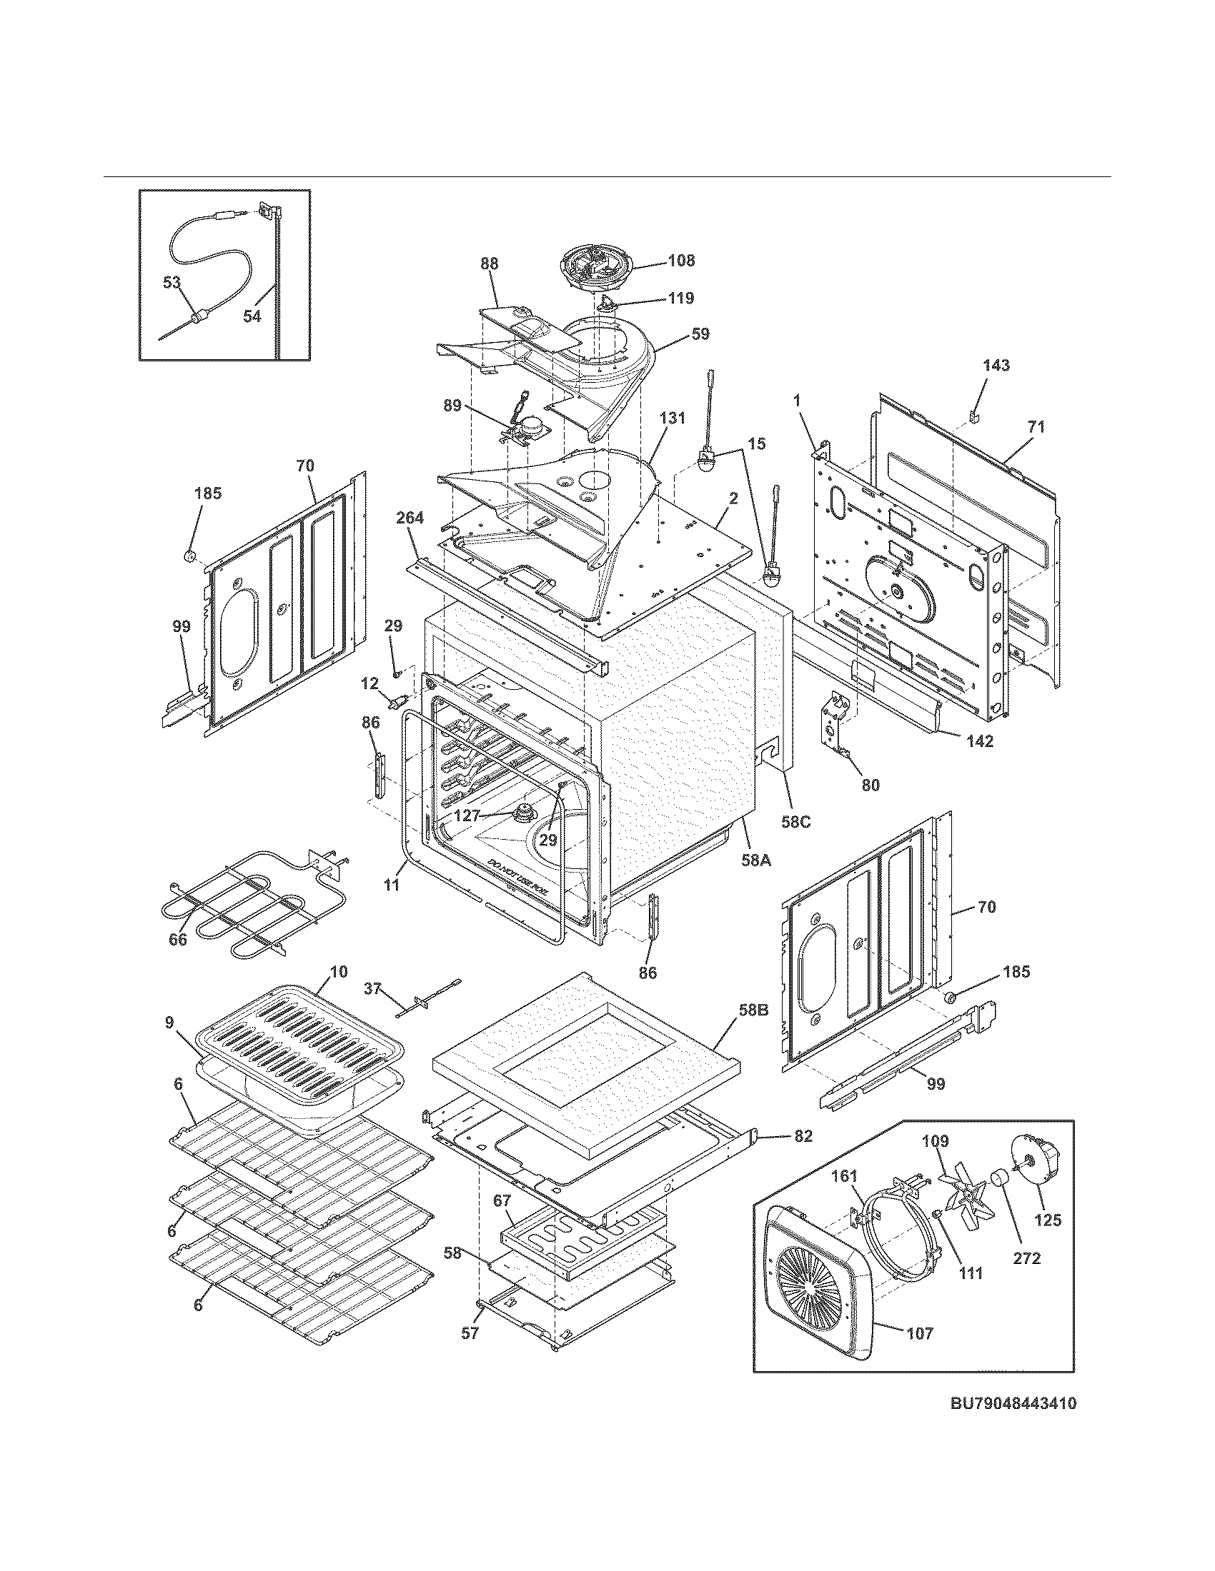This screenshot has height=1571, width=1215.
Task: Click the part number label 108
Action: [680, 261]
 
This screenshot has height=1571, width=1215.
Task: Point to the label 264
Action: [410, 518]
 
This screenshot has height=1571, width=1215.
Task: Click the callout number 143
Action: [996, 366]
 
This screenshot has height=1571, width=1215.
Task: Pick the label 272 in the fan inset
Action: [1026, 1258]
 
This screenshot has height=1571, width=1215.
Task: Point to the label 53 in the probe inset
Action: [172, 283]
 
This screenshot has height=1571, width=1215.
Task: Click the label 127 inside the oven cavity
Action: [468, 816]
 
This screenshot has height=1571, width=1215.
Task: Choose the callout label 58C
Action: [796, 820]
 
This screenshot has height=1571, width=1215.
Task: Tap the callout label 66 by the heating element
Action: [177, 939]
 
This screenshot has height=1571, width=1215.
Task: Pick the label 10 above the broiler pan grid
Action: [339, 972]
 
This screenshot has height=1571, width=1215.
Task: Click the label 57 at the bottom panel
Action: [470, 1333]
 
